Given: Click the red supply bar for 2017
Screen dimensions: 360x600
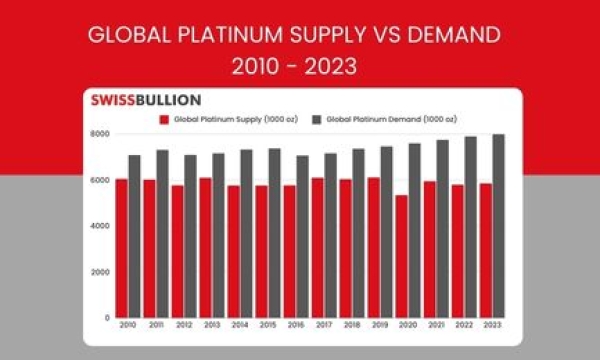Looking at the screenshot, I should pos(317,247).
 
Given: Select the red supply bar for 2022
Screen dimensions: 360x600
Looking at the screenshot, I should pos(458,250).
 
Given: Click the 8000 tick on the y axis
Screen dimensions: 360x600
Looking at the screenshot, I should pos(101,134).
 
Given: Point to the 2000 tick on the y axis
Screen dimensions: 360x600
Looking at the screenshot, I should pos(101,272).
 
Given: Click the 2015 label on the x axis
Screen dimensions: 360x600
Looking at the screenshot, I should pos(267,326).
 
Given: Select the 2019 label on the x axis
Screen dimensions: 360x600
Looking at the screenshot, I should pos(379,326).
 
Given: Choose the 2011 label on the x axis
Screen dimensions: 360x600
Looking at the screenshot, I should pos(155,326).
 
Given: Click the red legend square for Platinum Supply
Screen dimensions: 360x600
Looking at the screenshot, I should pos(164,118).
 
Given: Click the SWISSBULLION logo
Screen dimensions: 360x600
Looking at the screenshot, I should pos(145,100).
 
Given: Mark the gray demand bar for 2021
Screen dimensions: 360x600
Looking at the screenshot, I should pos(442,228).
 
